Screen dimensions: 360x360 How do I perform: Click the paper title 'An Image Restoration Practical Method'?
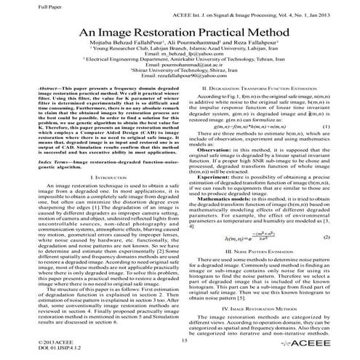coord(180,33)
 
